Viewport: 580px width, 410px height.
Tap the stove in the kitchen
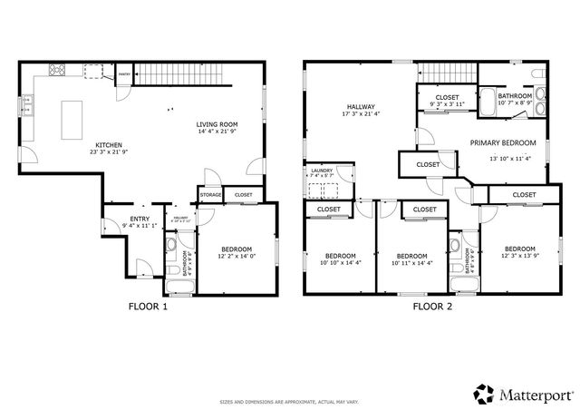(56, 69)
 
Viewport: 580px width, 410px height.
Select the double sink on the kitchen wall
(26, 109)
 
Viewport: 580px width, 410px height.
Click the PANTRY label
(124, 75)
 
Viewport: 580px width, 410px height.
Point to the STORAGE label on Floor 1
(211, 194)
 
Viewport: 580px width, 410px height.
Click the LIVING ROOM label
(217, 124)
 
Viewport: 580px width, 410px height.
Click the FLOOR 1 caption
(147, 307)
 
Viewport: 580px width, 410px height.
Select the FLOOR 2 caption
(432, 307)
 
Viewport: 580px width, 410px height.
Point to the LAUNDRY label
(322, 171)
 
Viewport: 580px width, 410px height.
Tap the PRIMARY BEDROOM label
(502, 142)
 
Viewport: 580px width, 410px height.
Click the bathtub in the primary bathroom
(488, 102)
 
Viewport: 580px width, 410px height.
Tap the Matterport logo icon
(485, 394)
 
